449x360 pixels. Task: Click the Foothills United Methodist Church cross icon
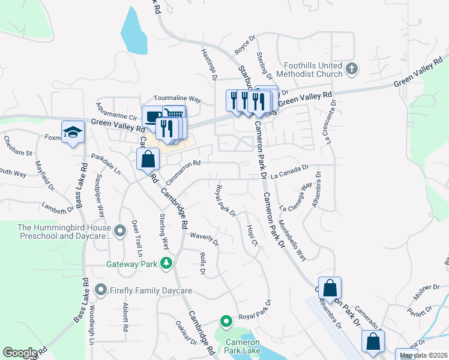pos(352,69)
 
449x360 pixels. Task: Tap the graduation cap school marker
pos(73,132)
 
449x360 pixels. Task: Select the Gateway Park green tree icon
pos(166,263)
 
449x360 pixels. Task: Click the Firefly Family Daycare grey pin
pos(100,290)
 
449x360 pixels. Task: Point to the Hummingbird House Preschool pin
pos(120,229)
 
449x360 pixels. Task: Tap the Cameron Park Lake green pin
pos(226,321)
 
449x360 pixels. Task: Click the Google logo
pos(20,353)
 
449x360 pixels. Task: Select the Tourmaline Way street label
pos(177,98)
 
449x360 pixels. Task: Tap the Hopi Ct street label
pos(252,235)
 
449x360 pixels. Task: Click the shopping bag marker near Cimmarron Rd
pos(148,160)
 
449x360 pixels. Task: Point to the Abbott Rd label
pos(126,317)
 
